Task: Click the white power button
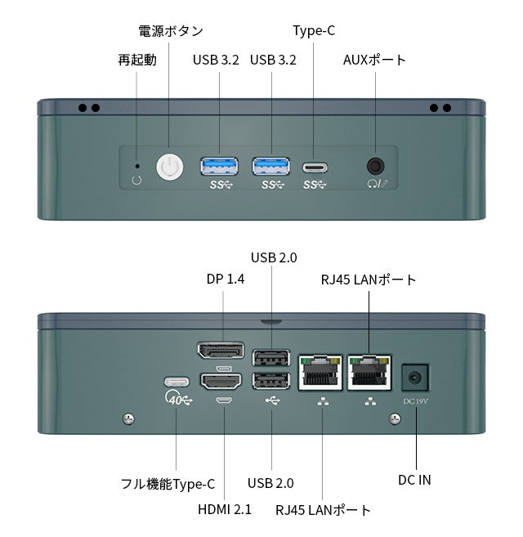point(169,167)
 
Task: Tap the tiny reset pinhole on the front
point(137,166)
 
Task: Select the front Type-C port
point(315,168)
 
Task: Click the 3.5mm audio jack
point(375,167)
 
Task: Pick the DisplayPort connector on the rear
point(221,350)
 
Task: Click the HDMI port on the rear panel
point(221,382)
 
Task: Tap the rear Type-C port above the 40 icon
point(177,382)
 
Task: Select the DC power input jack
point(415,378)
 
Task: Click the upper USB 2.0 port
point(271,358)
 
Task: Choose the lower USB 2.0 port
point(271,381)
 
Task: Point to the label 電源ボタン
point(171,32)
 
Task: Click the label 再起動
point(137,60)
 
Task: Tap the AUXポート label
point(374,60)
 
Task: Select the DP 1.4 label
point(226,279)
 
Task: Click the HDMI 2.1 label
point(225,509)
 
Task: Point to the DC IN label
point(414,480)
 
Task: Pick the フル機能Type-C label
point(168,484)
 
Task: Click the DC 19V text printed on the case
point(415,401)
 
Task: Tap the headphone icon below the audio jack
point(372,184)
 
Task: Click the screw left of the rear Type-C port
point(128,418)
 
